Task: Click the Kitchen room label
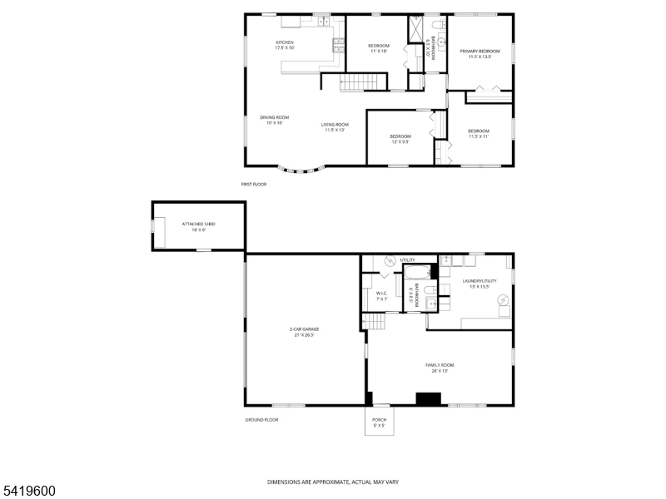pyautogui.click(x=286, y=45)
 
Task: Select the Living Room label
pyautogui.click(x=335, y=127)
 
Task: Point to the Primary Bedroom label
pyautogui.click(x=480, y=54)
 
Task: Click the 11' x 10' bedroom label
pyautogui.click(x=379, y=48)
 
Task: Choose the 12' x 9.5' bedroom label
pyautogui.click(x=400, y=139)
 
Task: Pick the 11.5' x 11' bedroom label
pyautogui.click(x=478, y=133)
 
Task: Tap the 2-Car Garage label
pyautogui.click(x=305, y=332)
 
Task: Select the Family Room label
pyautogui.click(x=441, y=368)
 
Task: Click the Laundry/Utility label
pyautogui.click(x=480, y=284)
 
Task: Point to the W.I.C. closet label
pyautogui.click(x=381, y=295)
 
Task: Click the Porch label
pyautogui.click(x=379, y=422)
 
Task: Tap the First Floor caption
pyautogui.click(x=254, y=184)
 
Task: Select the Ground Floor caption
pyautogui.click(x=261, y=420)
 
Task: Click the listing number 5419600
pyautogui.click(x=28, y=492)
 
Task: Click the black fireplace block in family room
pyautogui.click(x=428, y=399)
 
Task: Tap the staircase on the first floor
pyautogui.click(x=365, y=82)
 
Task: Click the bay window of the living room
pyautogui.click(x=303, y=170)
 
